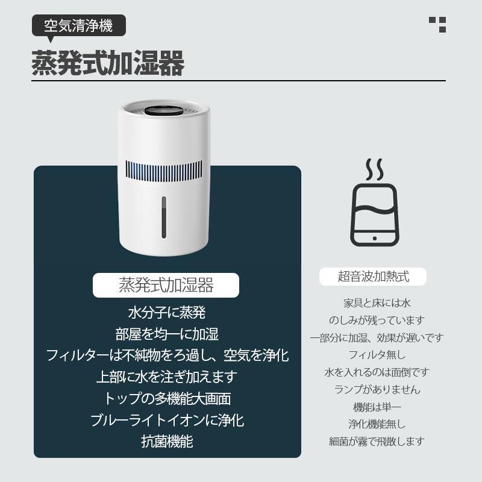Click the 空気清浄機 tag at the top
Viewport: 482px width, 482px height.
pos(78,27)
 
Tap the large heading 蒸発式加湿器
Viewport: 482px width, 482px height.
pos(107,63)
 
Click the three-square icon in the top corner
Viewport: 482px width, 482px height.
pos(437,24)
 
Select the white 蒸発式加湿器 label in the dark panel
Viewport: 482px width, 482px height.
pos(166,284)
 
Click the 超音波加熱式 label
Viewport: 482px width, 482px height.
pos(373,277)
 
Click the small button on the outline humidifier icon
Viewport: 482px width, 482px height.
pos(374,238)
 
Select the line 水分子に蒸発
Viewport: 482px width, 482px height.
pos(167,313)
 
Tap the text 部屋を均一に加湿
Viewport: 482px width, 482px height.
pos(167,334)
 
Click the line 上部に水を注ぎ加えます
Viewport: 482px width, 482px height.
pos(167,377)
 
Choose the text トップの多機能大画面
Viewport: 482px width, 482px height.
pos(167,398)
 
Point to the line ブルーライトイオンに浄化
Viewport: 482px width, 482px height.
pos(167,420)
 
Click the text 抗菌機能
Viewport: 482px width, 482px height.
pos(167,441)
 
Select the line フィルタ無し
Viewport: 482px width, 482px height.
pos(377,354)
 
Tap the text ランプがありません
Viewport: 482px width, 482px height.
pos(377,389)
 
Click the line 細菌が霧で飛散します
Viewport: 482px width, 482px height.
pos(377,441)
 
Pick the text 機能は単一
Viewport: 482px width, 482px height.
pos(377,406)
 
